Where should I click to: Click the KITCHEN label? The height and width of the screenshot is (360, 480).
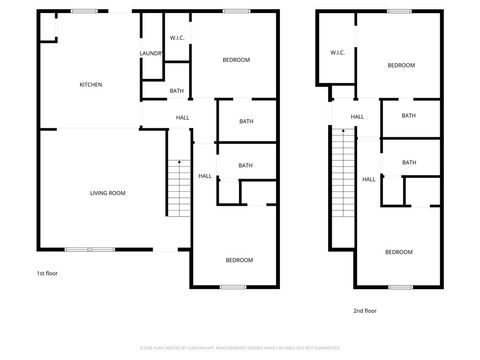click(91, 84)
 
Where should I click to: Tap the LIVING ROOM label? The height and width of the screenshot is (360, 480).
click(107, 193)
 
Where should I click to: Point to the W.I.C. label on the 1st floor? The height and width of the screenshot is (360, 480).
click(176, 38)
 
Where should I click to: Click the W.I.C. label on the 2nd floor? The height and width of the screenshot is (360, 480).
click(337, 52)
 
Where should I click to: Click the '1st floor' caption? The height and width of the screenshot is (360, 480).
click(48, 273)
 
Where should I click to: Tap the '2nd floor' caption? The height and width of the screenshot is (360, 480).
click(365, 311)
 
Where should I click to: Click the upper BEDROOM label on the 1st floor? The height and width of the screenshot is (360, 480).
click(236, 60)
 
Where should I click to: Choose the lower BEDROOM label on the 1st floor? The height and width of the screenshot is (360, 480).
click(239, 260)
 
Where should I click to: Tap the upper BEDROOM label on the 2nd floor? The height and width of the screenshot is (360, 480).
click(401, 65)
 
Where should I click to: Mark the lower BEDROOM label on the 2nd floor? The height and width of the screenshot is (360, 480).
click(399, 252)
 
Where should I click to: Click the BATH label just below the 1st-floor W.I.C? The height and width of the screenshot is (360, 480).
click(176, 91)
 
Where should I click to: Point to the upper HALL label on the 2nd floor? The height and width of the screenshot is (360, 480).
click(357, 117)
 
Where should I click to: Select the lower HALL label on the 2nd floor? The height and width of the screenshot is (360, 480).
click(369, 179)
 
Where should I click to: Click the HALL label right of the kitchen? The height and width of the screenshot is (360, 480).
click(183, 117)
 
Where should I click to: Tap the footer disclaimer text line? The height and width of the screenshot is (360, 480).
click(240, 348)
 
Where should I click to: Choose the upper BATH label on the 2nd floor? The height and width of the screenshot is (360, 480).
click(408, 116)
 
